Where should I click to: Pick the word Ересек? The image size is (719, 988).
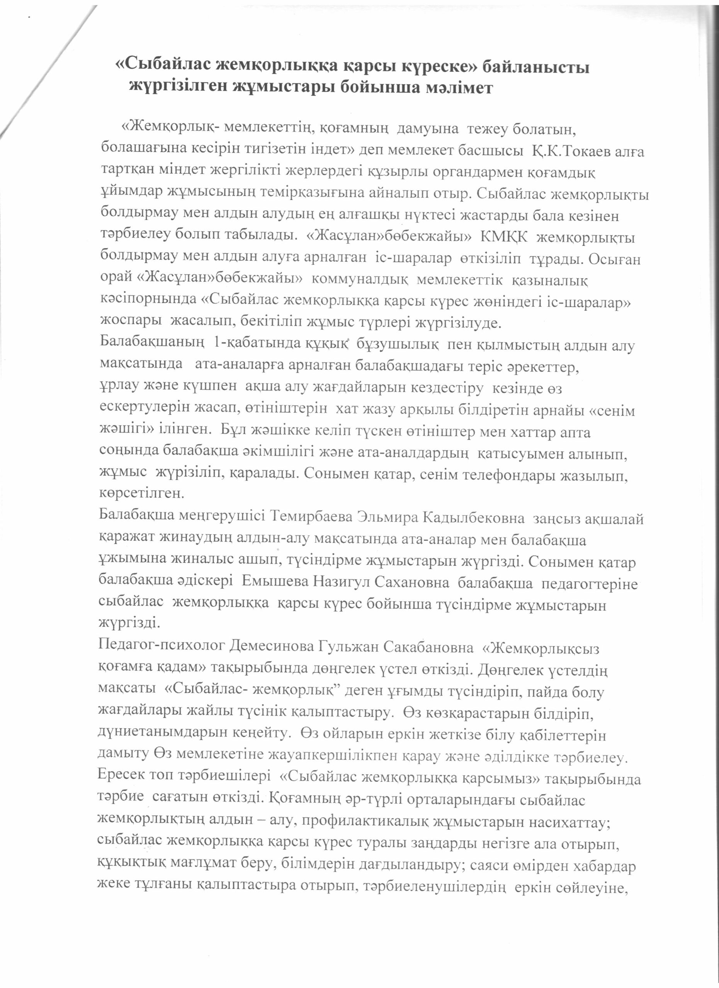pyautogui.click(x=120, y=777)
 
